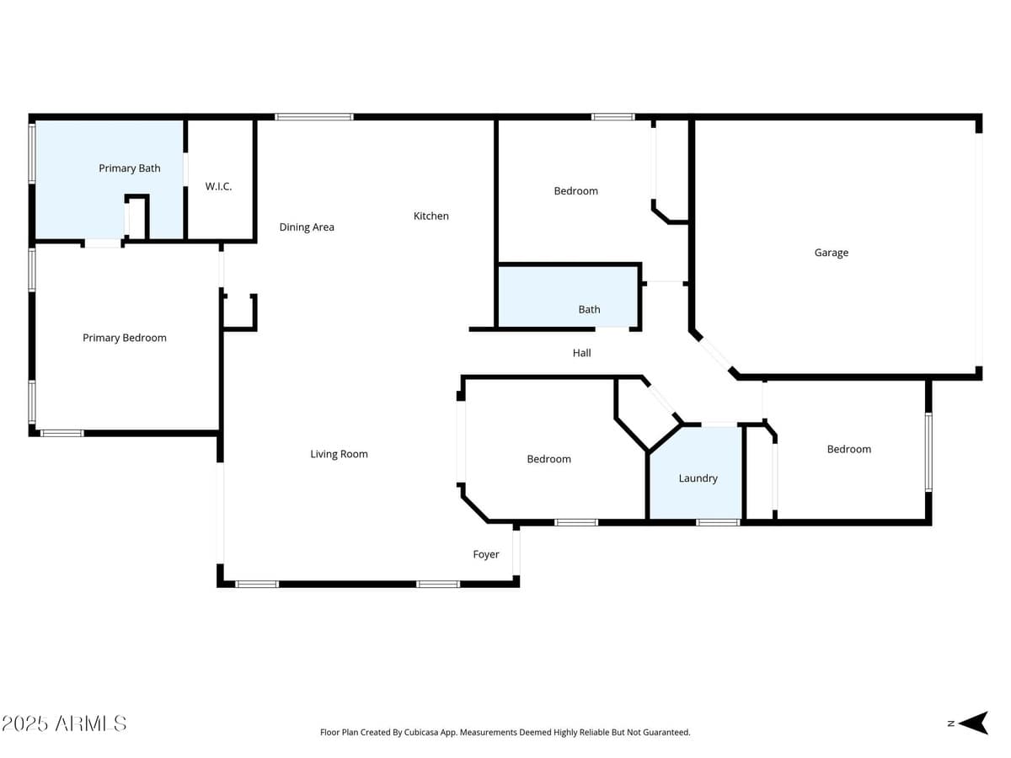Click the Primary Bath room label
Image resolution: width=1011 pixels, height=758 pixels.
pos(130,168)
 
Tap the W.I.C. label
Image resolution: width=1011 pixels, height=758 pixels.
pos(218,186)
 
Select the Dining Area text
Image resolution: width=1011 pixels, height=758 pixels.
pos(307,227)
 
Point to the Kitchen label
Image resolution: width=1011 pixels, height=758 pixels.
pos(431,216)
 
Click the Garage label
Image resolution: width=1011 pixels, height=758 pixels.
pos(831,253)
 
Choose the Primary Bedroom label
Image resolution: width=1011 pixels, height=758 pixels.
pos(125,338)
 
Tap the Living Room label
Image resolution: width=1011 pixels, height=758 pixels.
pos(339,454)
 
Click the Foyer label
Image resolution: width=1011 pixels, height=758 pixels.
pos(485,554)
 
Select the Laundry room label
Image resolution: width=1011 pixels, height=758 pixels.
pos(698,478)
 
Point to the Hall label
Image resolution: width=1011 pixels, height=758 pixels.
pos(581,353)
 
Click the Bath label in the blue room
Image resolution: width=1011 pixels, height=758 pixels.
pos(589,309)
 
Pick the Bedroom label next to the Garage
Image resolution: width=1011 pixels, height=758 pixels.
pos(575,191)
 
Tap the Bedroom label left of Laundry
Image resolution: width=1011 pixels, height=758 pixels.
pos(548,459)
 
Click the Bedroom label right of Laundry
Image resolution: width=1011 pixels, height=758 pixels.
pos(848,449)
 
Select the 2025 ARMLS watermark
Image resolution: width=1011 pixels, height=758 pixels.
pos(64,723)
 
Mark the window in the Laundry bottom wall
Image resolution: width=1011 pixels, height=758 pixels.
pos(718,522)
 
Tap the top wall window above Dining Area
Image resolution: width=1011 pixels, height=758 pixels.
pos(314,117)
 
